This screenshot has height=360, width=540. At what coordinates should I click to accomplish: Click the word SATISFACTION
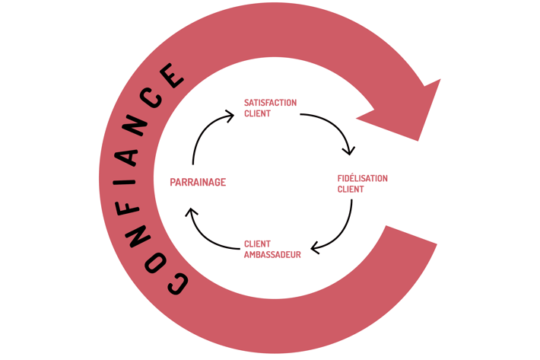[270, 102]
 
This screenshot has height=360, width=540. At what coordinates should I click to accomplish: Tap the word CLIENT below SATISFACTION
[257, 113]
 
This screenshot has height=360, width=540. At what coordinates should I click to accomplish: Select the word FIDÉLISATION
[362, 178]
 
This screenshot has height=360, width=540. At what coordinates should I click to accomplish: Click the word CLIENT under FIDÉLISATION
[350, 190]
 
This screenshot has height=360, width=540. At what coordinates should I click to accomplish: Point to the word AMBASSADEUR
[272, 255]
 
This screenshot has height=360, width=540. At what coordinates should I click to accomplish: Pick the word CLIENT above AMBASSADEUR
[257, 244]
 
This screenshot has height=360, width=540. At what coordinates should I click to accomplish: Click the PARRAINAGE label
[198, 182]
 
